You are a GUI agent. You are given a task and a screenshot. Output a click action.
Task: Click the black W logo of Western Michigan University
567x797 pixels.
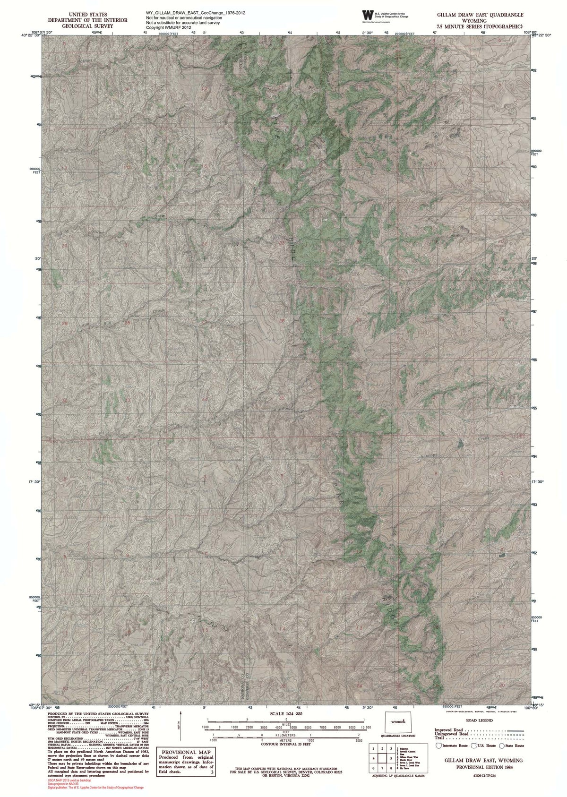[367, 15]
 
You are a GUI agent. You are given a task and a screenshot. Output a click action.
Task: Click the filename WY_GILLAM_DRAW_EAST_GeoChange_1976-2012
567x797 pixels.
[196, 13]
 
